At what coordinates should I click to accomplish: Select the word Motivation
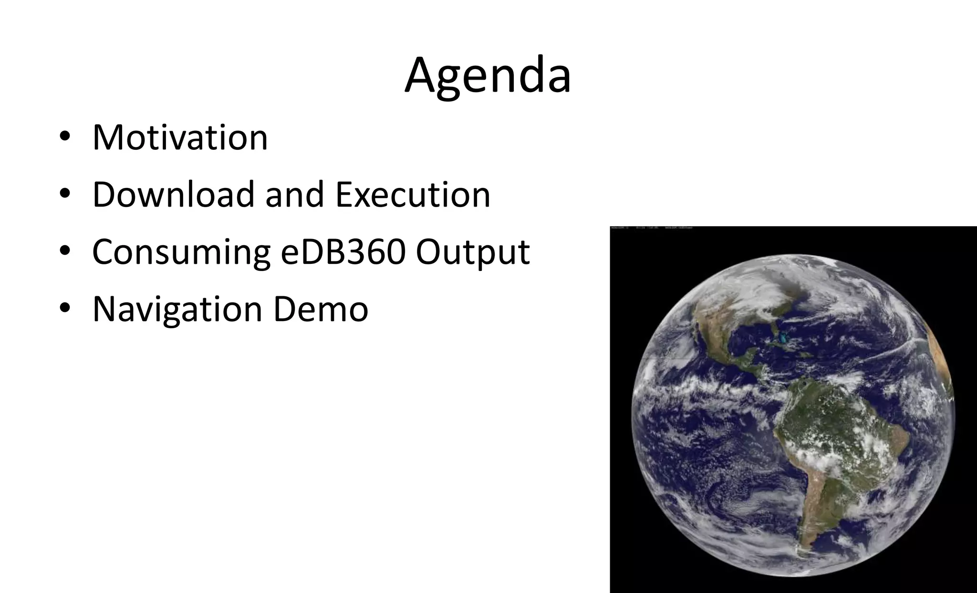pyautogui.click(x=180, y=137)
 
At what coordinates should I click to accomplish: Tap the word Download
pyautogui.click(x=173, y=195)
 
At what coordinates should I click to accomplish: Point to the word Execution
pyautogui.click(x=413, y=195)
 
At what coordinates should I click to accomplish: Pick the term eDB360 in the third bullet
pyautogui.click(x=343, y=252)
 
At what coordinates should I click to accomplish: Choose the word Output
pyautogui.click(x=473, y=253)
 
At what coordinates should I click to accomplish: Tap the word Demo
pyautogui.click(x=321, y=309)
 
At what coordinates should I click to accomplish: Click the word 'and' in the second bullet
pyautogui.click(x=294, y=195)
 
